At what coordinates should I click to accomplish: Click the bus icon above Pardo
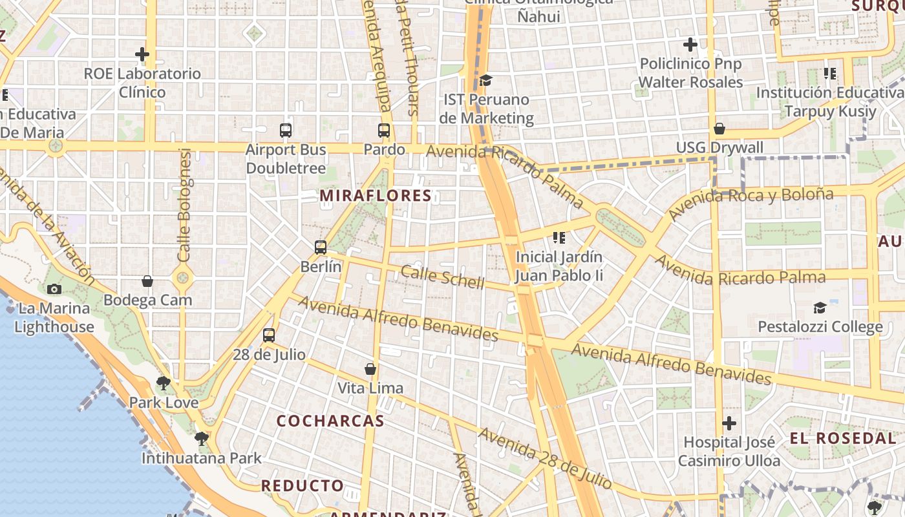pos(384,131)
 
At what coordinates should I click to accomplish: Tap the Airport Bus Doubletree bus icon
pos(286,131)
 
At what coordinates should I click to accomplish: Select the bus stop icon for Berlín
pos(321,247)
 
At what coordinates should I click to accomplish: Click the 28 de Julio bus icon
pos(269,335)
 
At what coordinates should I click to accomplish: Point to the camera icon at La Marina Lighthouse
pos(54,289)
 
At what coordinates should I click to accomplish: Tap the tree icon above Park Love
pos(164,383)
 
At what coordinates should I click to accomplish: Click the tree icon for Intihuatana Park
pos(202,439)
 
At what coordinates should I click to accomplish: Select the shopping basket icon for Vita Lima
pos(370,369)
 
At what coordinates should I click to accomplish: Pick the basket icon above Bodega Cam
pos(147,281)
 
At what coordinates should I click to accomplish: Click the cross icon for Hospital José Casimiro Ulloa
pos(729,423)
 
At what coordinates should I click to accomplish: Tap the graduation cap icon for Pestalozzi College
pos(820,308)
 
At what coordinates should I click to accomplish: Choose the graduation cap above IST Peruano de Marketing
pos(485,81)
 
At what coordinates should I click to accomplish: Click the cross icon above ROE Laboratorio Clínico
pos(142,54)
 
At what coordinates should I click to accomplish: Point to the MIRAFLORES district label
pos(376,196)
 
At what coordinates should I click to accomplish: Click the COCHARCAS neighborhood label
pos(330,421)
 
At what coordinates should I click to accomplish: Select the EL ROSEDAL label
pos(843,438)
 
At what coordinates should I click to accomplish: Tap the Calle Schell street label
pos(442,277)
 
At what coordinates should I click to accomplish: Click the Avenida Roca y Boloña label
pos(751,203)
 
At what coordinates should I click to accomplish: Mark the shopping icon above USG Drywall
pos(719,129)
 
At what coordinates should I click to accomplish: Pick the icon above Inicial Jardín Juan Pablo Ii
pos(559,238)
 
